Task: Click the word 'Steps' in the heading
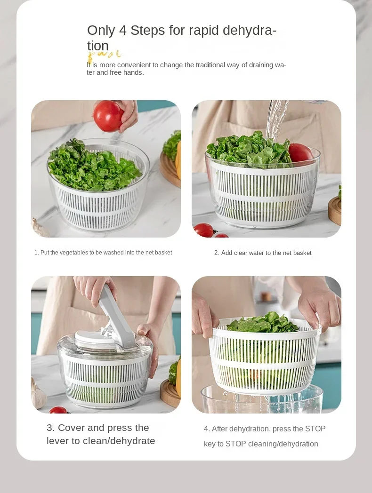point(147,31)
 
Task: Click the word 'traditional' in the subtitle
point(210,65)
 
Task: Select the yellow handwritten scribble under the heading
point(104,55)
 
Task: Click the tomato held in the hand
point(108,116)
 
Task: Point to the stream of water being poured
point(275,119)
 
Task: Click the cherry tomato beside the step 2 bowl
point(203,230)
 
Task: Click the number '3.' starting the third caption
point(51,428)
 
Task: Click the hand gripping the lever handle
point(95,289)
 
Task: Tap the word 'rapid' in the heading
point(203,31)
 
